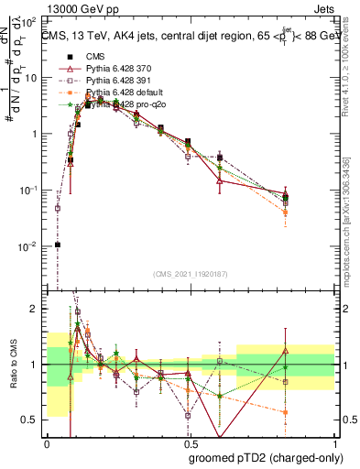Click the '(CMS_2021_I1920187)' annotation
coord(189,275)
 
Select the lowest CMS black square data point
coord(58,245)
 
